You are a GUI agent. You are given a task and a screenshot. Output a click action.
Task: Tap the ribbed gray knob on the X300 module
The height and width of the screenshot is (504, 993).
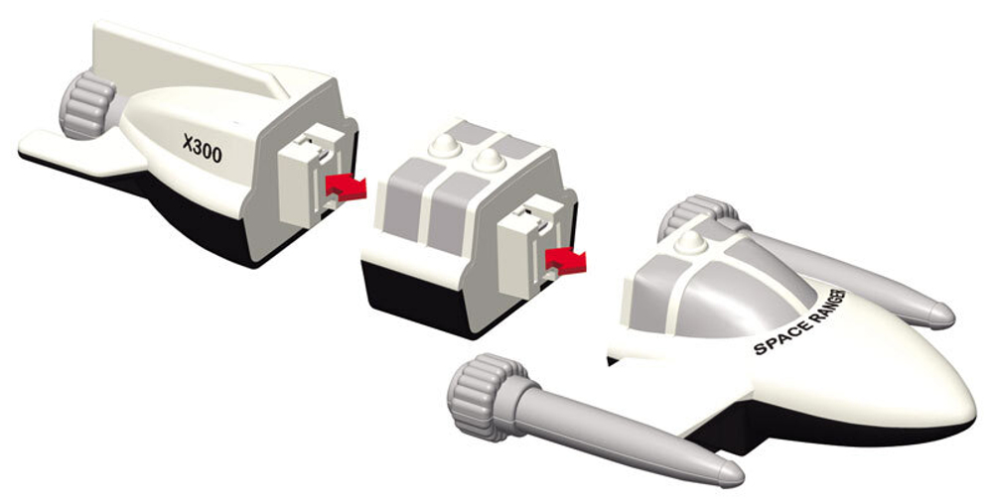(x=86, y=105)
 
